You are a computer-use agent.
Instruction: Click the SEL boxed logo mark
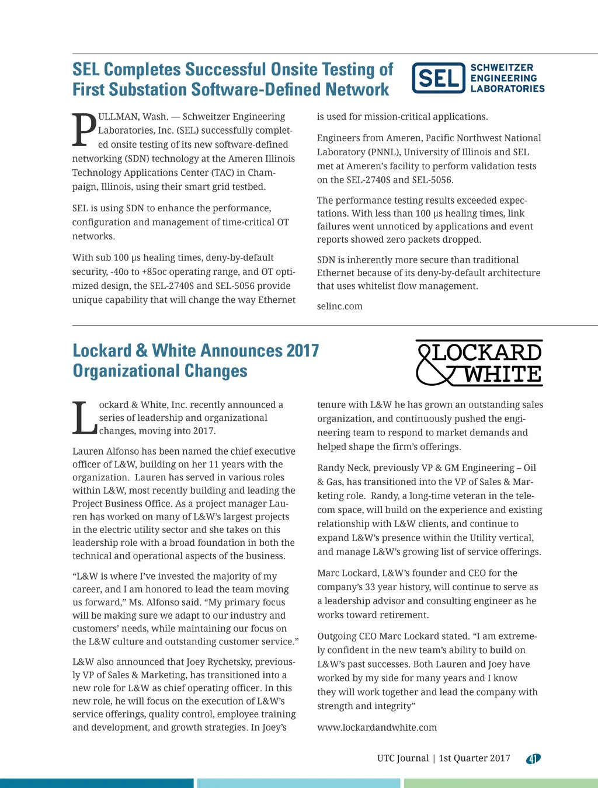439,78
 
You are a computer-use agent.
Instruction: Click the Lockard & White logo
479,363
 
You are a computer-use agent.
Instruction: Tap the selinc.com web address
339,306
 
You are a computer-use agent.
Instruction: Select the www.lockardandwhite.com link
377,727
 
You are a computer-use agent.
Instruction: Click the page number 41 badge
533,759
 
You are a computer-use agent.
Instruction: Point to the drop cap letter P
84,130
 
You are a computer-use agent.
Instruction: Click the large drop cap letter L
84,418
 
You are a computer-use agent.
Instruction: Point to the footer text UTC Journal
403,758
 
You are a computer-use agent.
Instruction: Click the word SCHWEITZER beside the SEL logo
502,68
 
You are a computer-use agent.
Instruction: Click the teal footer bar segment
96,783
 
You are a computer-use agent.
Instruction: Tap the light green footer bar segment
500,783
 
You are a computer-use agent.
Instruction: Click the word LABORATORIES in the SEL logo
507,89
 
